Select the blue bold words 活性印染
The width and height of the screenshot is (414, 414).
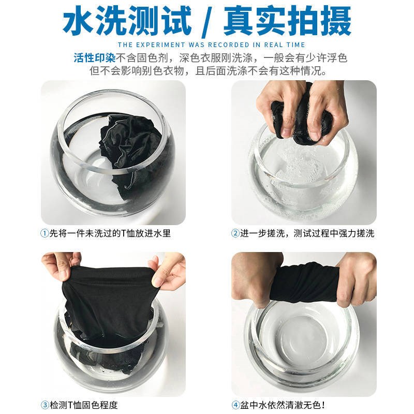95,58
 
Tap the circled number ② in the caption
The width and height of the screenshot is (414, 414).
235,233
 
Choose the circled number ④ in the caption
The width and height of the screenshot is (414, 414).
235,405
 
